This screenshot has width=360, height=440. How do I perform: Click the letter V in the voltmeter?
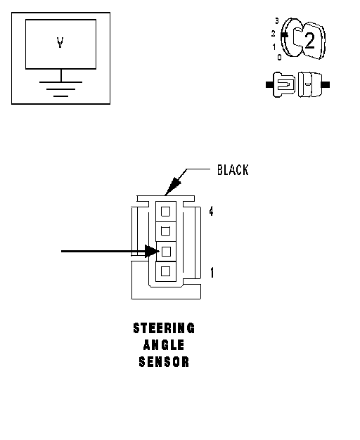coord(60,43)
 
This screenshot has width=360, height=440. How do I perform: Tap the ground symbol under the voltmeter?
coord(60,89)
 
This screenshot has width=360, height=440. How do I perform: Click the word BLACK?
coord(233,170)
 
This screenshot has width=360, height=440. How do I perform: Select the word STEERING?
coord(164,328)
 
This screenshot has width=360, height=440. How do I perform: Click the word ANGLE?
coord(164,345)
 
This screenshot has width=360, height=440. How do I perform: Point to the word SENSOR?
coord(164,362)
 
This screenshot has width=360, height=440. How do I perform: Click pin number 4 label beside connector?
coord(211,211)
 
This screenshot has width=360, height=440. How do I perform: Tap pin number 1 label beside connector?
coord(212,273)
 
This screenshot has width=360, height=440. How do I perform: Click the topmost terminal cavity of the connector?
coord(166,212)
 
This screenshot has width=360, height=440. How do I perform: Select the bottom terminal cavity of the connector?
coord(166,271)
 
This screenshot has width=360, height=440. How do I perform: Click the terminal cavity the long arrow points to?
coord(166,252)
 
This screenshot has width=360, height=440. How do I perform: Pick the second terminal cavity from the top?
coord(166,231)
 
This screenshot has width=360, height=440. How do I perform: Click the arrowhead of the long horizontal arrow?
coord(152,251)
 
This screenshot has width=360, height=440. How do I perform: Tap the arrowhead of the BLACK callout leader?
coord(172,185)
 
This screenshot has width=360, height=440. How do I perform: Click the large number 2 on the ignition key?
coord(309,41)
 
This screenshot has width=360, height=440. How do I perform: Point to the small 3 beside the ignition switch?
coord(277,21)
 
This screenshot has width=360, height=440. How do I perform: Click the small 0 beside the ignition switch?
coord(279,57)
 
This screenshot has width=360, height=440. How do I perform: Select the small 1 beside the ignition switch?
coord(274,47)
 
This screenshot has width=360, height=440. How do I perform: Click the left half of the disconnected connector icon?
coord(281,85)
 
